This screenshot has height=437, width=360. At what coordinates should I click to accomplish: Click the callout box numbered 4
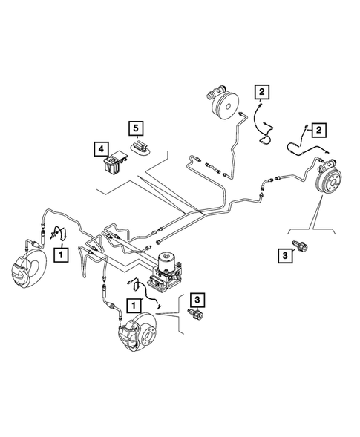tap(99, 148)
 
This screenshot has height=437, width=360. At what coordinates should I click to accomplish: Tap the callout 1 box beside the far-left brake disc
tap(62, 255)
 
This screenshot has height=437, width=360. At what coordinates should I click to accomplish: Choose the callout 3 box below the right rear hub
tap(286, 256)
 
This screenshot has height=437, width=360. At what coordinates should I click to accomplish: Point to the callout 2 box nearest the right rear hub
tap(318, 131)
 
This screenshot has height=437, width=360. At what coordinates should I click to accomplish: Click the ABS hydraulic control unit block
tap(171, 272)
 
